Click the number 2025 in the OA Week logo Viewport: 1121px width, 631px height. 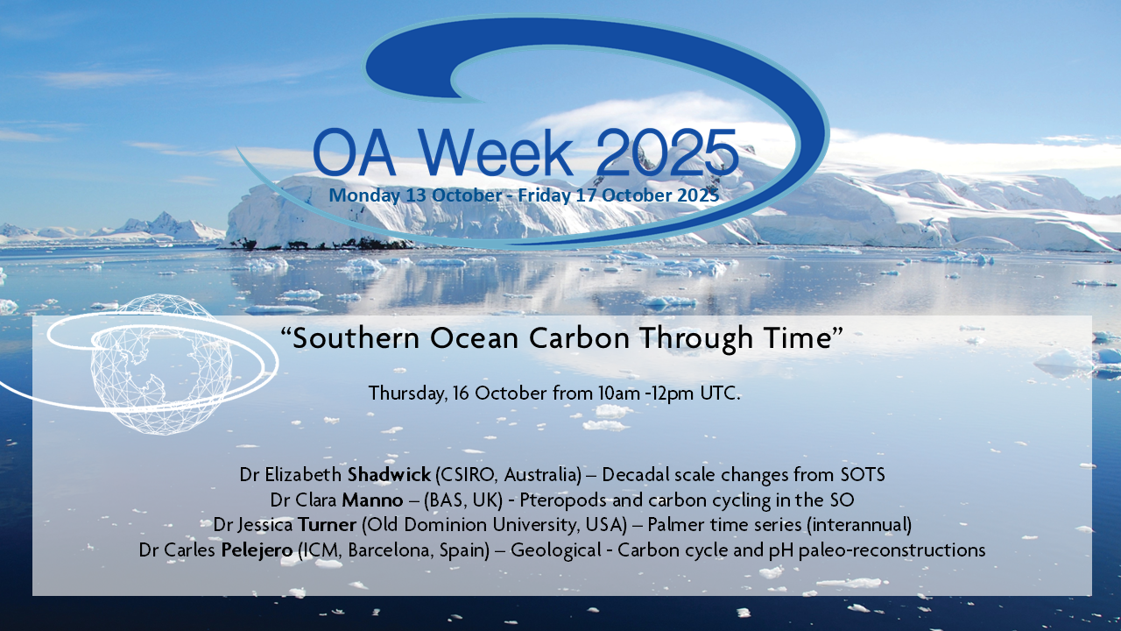tap(667, 152)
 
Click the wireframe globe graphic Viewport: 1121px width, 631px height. tap(161, 364)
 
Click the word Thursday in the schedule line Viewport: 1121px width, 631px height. tap(406, 393)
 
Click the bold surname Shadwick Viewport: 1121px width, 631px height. tap(389, 474)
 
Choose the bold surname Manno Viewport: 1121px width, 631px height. tap(372, 500)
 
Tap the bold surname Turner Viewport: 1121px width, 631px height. tap(328, 525)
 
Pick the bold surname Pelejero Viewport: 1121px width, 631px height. tap(257, 550)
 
